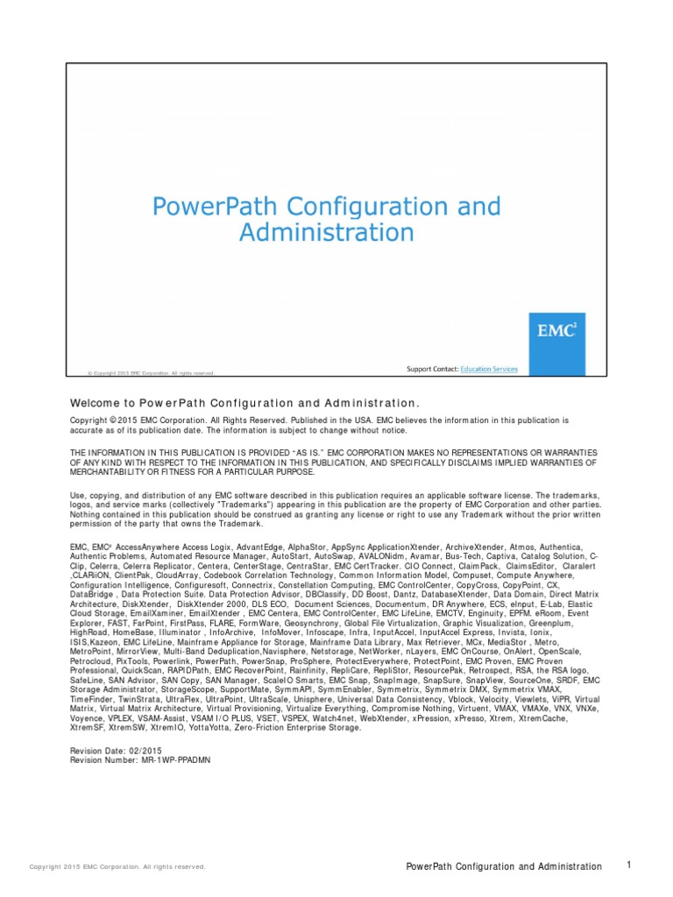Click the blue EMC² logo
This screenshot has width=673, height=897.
(x=556, y=333)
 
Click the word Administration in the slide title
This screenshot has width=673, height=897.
(x=327, y=233)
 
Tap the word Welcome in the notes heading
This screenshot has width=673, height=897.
(x=96, y=403)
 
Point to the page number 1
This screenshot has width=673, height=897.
(x=629, y=865)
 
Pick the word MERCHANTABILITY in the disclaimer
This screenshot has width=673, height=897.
(x=111, y=471)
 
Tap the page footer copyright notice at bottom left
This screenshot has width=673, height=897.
(x=117, y=867)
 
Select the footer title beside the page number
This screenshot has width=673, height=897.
(x=505, y=866)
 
